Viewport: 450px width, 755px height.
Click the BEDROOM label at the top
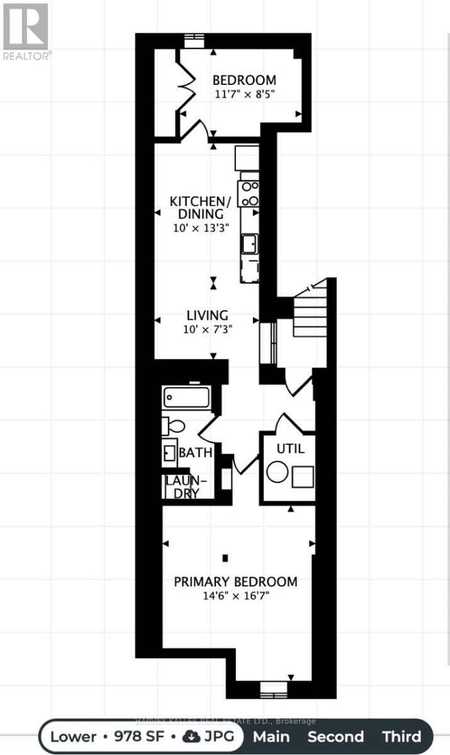244,81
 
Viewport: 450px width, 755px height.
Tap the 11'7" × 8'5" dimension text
244,94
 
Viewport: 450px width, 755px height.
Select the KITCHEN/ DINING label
200,208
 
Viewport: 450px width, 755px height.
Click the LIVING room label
207,315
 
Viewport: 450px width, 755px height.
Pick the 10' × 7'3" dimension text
207,329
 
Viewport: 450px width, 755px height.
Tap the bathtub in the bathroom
186,398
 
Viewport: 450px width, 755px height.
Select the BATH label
196,452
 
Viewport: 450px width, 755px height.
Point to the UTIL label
290,449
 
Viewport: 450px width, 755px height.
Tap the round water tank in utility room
277,472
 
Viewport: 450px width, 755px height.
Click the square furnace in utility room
303,476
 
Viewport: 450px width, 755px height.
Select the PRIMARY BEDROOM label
235,581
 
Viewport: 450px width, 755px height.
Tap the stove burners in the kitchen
249,193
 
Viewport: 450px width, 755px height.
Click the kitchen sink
249,242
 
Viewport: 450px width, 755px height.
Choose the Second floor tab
335,736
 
